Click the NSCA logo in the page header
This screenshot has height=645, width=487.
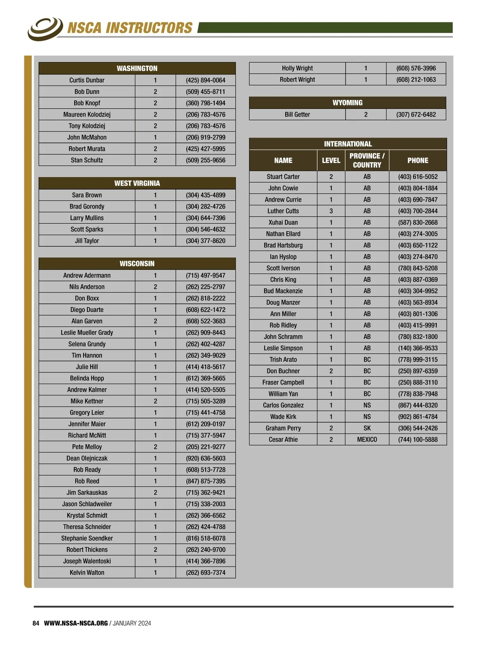45,28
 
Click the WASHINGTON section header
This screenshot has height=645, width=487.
137,68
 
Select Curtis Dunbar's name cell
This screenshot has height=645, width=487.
87,80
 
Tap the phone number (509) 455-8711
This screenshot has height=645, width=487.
205,92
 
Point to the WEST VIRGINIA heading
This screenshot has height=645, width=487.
137,183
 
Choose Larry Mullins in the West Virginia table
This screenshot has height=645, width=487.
87,218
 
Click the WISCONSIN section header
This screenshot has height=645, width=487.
137,264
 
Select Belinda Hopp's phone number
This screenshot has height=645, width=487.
205,378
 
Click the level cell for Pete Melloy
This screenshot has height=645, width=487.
155,447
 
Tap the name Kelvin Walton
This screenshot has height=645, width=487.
87,573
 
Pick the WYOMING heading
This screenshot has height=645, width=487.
347,103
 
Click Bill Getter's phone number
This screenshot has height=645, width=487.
416,115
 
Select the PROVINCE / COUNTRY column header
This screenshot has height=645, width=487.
367,160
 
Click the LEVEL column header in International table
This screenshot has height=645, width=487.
331,160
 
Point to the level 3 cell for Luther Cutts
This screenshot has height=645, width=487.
331,211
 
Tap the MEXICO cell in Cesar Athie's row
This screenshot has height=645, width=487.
367,439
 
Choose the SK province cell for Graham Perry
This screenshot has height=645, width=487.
367,428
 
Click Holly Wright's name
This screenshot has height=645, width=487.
297,68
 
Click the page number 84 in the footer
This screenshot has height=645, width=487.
36,623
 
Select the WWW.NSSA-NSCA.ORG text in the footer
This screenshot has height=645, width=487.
76,623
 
